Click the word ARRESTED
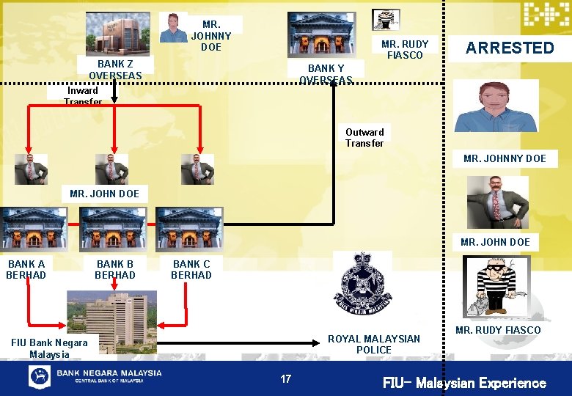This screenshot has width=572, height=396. pyautogui.click(x=510, y=48)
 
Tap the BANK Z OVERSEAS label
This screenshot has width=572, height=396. pyautogui.click(x=115, y=70)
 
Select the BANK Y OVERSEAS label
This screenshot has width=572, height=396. pyautogui.click(x=326, y=73)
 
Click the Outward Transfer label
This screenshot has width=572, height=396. pyautogui.click(x=364, y=138)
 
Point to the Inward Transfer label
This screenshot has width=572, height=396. pyautogui.click(x=83, y=96)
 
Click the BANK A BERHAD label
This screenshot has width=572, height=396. pyautogui.click(x=26, y=269)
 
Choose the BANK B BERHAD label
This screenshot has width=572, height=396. pyautogui.click(x=115, y=269)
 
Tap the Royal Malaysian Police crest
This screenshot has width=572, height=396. pyautogui.click(x=363, y=283)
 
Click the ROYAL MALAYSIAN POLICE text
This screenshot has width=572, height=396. pyautogui.click(x=374, y=344)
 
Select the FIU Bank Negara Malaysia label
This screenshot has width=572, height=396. pyautogui.click(x=50, y=348)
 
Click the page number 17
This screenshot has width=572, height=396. pyautogui.click(x=285, y=379)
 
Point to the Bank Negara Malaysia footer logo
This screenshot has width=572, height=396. pyautogui.click(x=95, y=377)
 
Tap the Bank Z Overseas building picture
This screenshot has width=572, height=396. pyautogui.click(x=117, y=33)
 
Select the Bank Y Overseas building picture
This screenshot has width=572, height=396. pyautogui.click(x=323, y=34)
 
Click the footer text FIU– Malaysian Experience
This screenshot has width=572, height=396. pyautogui.click(x=464, y=383)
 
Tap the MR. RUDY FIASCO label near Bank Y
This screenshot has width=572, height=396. pyautogui.click(x=405, y=49)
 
